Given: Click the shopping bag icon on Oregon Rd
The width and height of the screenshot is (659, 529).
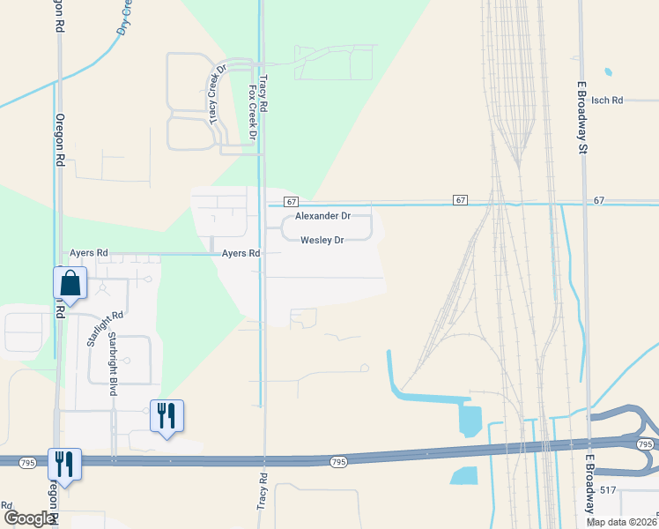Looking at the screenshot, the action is click(x=70, y=284).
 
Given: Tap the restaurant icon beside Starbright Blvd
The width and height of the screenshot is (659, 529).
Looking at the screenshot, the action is click(x=167, y=414).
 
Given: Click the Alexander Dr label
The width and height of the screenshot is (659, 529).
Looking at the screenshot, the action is click(x=322, y=216).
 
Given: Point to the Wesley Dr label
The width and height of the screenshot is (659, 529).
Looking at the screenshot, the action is click(x=322, y=240).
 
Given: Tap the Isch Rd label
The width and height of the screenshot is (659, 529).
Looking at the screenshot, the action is click(x=607, y=101).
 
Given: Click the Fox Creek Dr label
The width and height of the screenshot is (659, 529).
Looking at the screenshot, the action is click(x=253, y=113).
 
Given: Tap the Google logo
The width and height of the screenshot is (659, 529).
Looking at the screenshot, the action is click(x=28, y=518).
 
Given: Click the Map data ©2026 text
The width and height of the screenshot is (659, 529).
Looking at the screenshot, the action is click(x=621, y=521).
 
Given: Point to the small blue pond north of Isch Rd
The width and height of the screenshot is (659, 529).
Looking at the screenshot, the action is click(x=607, y=71).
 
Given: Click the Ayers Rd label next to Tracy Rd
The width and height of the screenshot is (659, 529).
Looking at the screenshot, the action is click(x=241, y=253).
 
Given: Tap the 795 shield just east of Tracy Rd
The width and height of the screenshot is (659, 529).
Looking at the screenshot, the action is click(x=338, y=462).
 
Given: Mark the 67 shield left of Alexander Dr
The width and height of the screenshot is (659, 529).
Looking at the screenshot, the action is click(x=292, y=201).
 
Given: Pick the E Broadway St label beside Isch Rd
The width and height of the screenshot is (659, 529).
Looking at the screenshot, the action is click(x=582, y=118).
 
